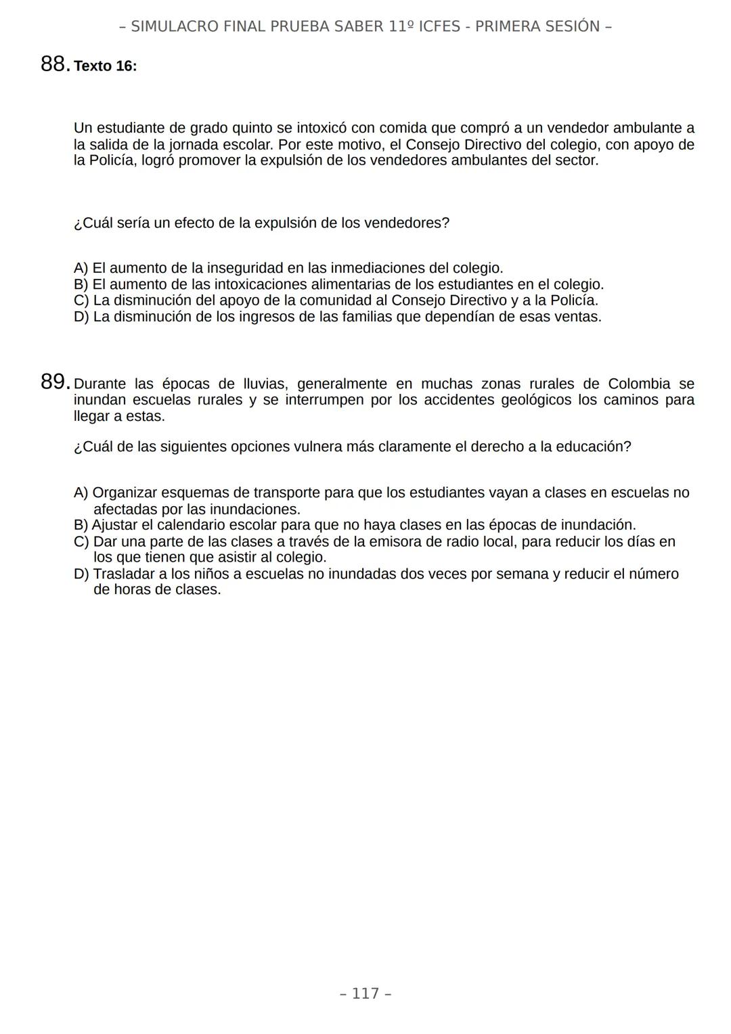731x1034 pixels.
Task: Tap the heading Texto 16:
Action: [105, 66]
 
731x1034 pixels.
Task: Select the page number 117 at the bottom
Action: [365, 993]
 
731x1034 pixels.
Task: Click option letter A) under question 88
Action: [81, 268]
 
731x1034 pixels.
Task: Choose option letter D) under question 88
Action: [81, 317]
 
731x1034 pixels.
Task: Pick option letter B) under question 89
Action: [81, 525]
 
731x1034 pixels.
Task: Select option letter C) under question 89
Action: [81, 541]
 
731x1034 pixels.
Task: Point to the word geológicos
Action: [535, 400]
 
